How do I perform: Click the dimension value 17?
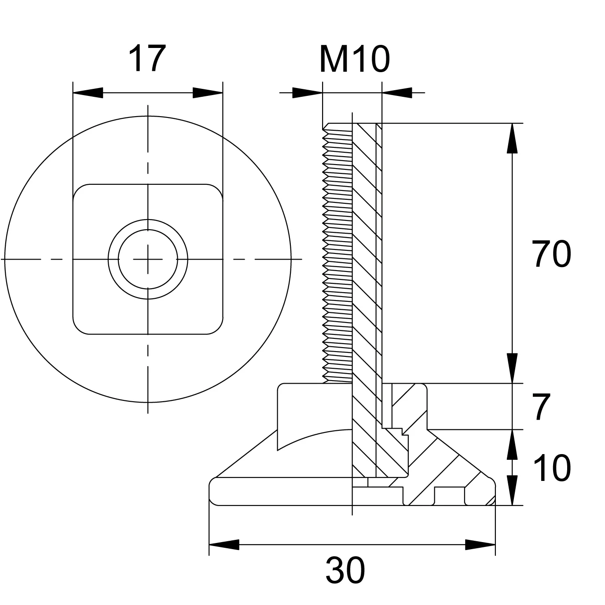click(x=147, y=59)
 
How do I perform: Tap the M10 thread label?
click(x=355, y=59)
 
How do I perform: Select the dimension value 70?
click(x=551, y=254)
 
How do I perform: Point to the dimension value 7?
click(x=542, y=407)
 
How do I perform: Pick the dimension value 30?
click(x=345, y=570)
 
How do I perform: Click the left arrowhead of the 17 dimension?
click(x=88, y=92)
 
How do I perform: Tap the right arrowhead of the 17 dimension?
click(x=208, y=92)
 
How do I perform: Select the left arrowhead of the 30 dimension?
click(x=224, y=545)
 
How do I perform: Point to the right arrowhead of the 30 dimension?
click(x=480, y=545)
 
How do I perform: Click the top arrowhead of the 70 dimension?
click(x=512, y=139)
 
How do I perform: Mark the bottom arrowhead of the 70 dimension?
click(x=512, y=368)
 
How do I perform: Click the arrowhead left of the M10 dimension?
click(x=308, y=92)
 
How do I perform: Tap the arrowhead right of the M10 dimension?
click(x=397, y=92)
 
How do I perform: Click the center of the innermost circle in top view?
click(x=148, y=259)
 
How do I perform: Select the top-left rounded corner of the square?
click(x=78, y=189)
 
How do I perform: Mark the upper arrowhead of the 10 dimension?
click(x=512, y=444)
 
